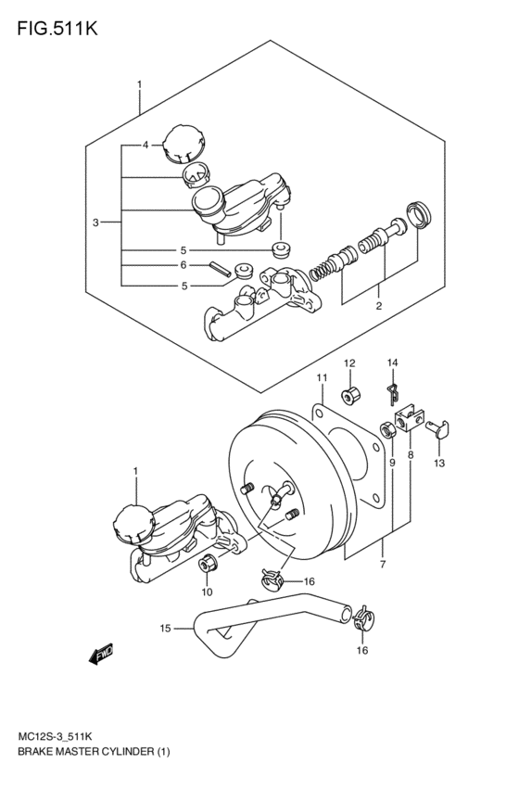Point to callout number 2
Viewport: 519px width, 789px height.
coord(378,305)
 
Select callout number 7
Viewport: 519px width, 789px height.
coord(381,564)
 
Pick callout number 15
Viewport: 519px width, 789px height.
coord(165,628)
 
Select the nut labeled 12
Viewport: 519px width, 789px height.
coord(351,398)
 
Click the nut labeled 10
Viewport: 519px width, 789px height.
coord(209,562)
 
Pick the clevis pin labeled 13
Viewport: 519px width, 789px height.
coord(441,426)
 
